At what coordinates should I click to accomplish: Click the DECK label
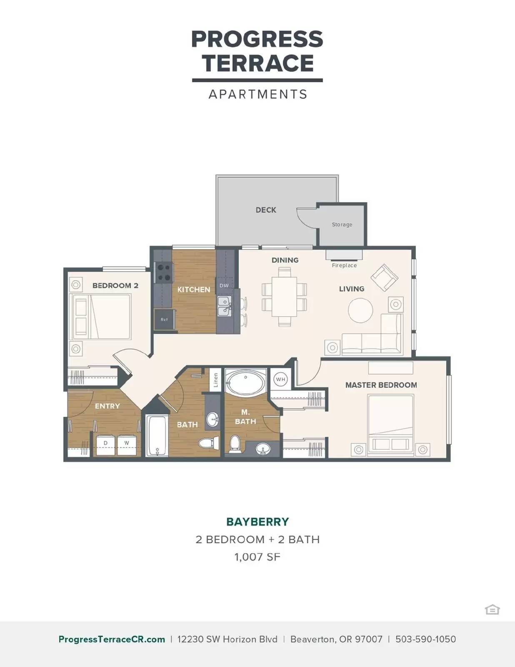[x=266, y=210]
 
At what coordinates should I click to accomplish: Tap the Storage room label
[x=342, y=225]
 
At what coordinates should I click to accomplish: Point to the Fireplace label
[x=344, y=266]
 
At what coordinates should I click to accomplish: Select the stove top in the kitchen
[x=163, y=273]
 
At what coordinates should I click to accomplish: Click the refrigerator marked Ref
[x=165, y=319]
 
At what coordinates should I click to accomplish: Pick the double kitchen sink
[x=225, y=306]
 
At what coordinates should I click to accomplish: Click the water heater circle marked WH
[x=280, y=379]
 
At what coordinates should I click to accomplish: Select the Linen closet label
[x=216, y=380]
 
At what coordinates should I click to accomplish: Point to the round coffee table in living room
[x=360, y=310]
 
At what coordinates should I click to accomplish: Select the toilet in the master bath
[x=235, y=444]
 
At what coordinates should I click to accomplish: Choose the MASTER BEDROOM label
[x=381, y=385]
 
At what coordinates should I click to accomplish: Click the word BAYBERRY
[x=257, y=522]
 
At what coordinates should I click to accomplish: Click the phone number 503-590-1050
[x=425, y=639]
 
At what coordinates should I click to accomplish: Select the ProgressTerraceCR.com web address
[x=112, y=639]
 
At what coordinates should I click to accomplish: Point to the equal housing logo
[x=492, y=609]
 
